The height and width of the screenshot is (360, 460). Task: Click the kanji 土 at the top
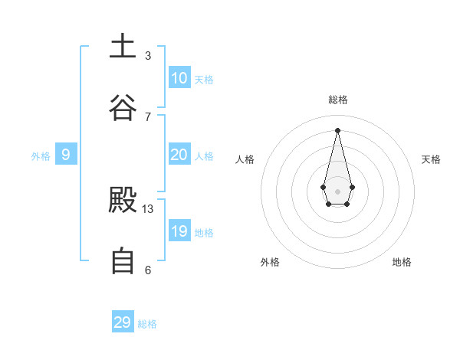pyautogui.click(x=123, y=46)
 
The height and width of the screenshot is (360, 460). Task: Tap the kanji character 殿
pyautogui.click(x=123, y=201)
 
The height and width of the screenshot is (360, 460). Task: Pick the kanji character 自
pyautogui.click(x=123, y=261)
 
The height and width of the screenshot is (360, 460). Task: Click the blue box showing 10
pyautogui.click(x=179, y=78)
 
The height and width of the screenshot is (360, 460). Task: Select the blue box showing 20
pyautogui.click(x=179, y=155)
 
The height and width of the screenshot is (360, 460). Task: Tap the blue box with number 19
pyautogui.click(x=179, y=231)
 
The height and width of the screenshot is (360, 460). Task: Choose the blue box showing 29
pyautogui.click(x=123, y=322)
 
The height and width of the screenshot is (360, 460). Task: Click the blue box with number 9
pyautogui.click(x=66, y=155)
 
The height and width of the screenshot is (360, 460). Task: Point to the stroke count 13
pyautogui.click(x=148, y=208)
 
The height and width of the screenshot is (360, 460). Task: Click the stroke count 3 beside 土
pyautogui.click(x=148, y=55)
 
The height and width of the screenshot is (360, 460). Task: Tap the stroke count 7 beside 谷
pyautogui.click(x=148, y=116)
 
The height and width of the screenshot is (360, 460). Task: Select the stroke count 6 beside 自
pyautogui.click(x=148, y=270)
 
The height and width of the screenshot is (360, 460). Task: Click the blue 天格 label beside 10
pyautogui.click(x=204, y=80)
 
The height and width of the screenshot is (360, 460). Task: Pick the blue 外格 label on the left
pyautogui.click(x=41, y=156)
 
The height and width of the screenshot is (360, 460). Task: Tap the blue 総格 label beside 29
pyautogui.click(x=147, y=324)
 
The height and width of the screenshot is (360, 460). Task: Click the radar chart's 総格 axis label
pyautogui.click(x=338, y=100)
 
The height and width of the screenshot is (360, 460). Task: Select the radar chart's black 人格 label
pyautogui.click(x=245, y=159)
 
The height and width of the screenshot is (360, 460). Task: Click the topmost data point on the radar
pyautogui.click(x=337, y=129)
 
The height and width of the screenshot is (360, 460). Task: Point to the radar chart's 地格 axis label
pyautogui.click(x=402, y=262)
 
